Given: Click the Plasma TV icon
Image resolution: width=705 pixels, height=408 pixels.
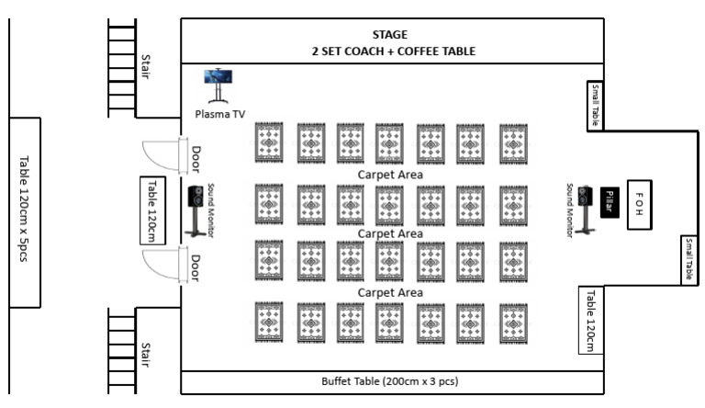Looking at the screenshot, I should click(x=218, y=85).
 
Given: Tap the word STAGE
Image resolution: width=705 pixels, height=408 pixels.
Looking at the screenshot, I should click(x=390, y=35).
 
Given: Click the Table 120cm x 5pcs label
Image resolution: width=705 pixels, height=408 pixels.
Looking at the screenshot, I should click(x=25, y=213).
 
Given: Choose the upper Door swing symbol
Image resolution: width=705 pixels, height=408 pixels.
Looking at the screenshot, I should click(x=163, y=155).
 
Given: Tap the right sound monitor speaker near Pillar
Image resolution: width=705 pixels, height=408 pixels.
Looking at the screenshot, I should click(x=585, y=207).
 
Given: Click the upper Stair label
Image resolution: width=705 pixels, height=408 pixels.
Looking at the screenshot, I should click(x=145, y=66).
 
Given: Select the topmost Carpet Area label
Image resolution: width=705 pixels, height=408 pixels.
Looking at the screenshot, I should click(x=390, y=175).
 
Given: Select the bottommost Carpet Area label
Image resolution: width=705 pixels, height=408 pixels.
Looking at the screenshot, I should click(x=390, y=292).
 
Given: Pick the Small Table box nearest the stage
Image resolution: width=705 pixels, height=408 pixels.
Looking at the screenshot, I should click(x=594, y=105).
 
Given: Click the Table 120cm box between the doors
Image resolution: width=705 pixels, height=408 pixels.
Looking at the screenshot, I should click(x=152, y=210).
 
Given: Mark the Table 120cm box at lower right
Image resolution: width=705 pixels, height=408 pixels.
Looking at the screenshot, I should click(x=591, y=320).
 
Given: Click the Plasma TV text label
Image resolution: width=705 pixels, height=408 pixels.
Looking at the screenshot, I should click(x=220, y=114).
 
